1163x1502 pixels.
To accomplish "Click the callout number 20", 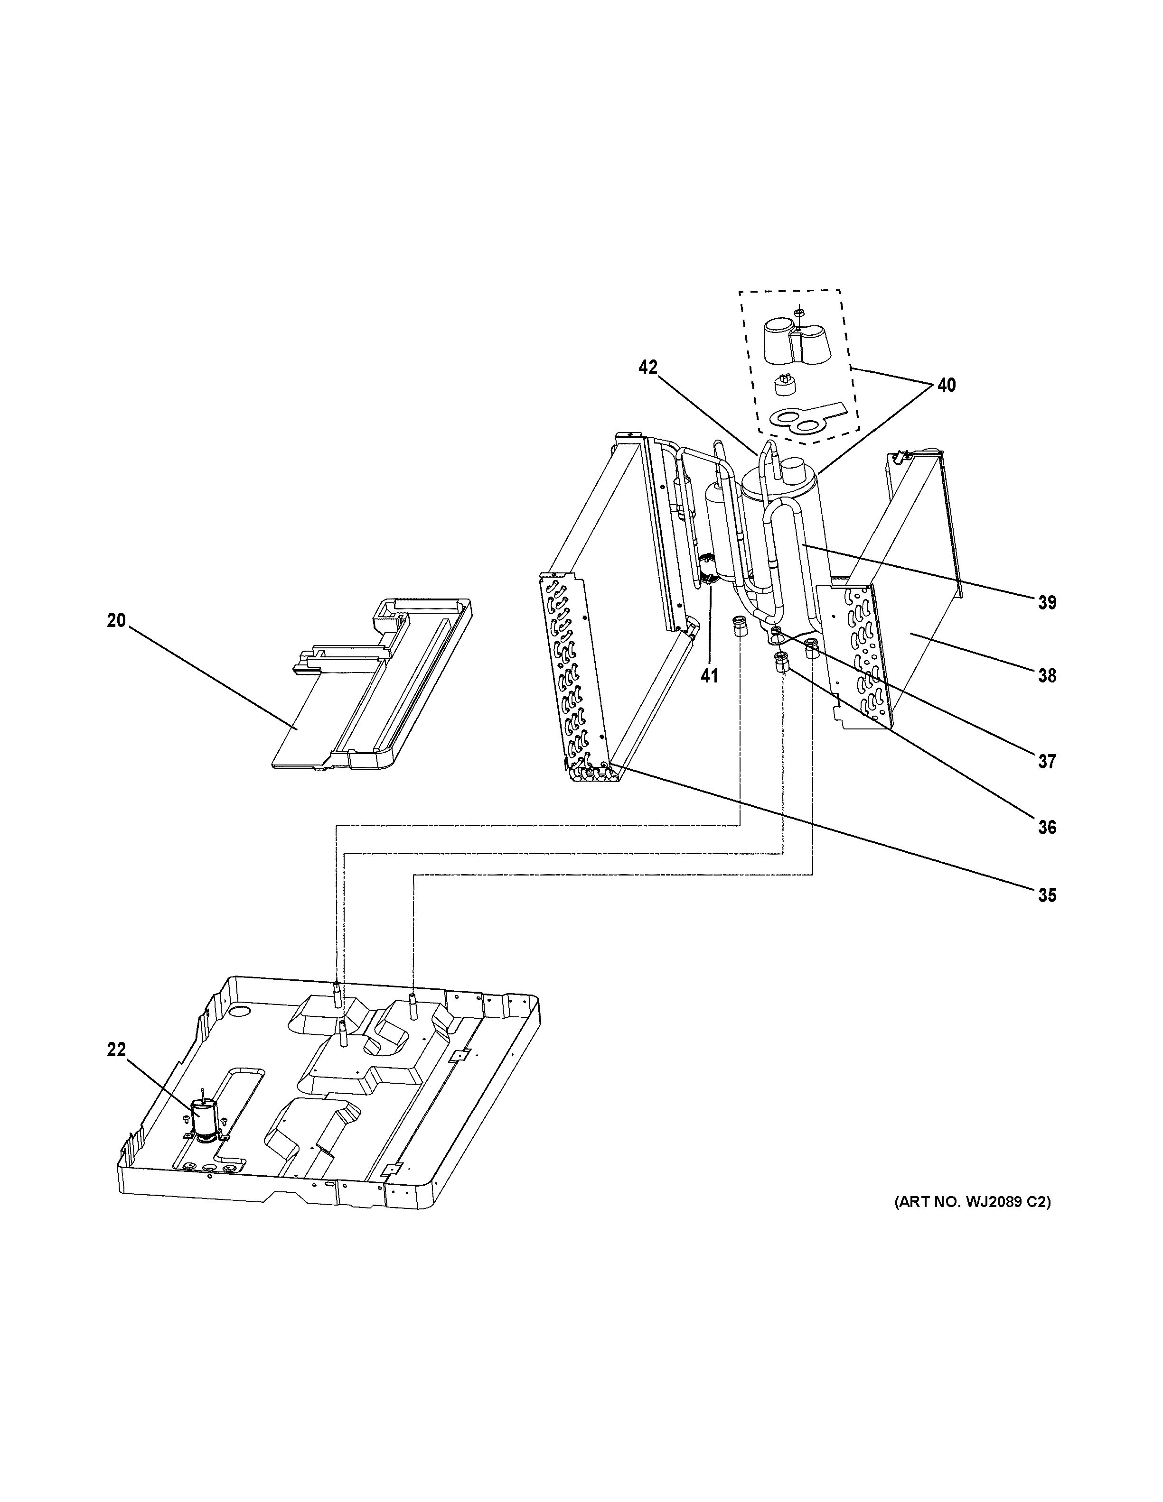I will (x=116, y=620).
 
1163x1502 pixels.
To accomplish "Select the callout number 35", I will (x=1046, y=895).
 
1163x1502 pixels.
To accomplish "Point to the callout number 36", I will (x=1046, y=827).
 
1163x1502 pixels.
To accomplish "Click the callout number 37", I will (x=1046, y=761).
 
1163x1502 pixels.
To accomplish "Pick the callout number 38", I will (x=1046, y=676).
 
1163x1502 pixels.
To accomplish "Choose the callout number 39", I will (x=1046, y=602).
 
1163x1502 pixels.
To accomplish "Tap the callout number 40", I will (x=946, y=385).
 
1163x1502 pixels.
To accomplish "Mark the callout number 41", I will (x=709, y=676).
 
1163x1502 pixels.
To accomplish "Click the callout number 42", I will (x=647, y=367).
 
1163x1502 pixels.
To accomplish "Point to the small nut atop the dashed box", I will (x=798, y=313).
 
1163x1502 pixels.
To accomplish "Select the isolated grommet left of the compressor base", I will (x=740, y=627).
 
